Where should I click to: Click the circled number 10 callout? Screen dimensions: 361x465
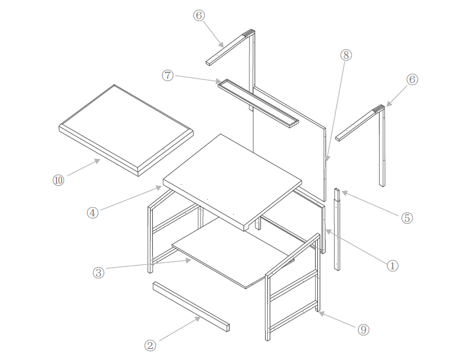click(58, 180)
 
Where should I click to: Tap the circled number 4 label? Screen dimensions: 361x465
click(92, 213)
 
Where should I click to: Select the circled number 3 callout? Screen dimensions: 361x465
click(99, 272)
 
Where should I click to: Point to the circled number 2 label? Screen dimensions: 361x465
click(150, 345)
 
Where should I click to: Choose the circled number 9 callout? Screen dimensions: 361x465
click(363, 330)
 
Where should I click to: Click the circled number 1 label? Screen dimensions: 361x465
click(392, 266)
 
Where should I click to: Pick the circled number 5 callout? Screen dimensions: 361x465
click(407, 218)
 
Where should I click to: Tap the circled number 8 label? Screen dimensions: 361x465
click(345, 55)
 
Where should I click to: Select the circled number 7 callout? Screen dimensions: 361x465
click(168, 76)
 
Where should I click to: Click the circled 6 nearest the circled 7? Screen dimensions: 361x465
click(199, 16)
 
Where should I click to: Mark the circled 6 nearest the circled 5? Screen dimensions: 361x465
click(412, 80)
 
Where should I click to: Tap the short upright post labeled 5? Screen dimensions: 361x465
click(337, 230)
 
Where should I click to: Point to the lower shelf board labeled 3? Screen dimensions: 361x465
click(233, 256)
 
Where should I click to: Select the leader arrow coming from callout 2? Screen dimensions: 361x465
click(180, 329)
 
